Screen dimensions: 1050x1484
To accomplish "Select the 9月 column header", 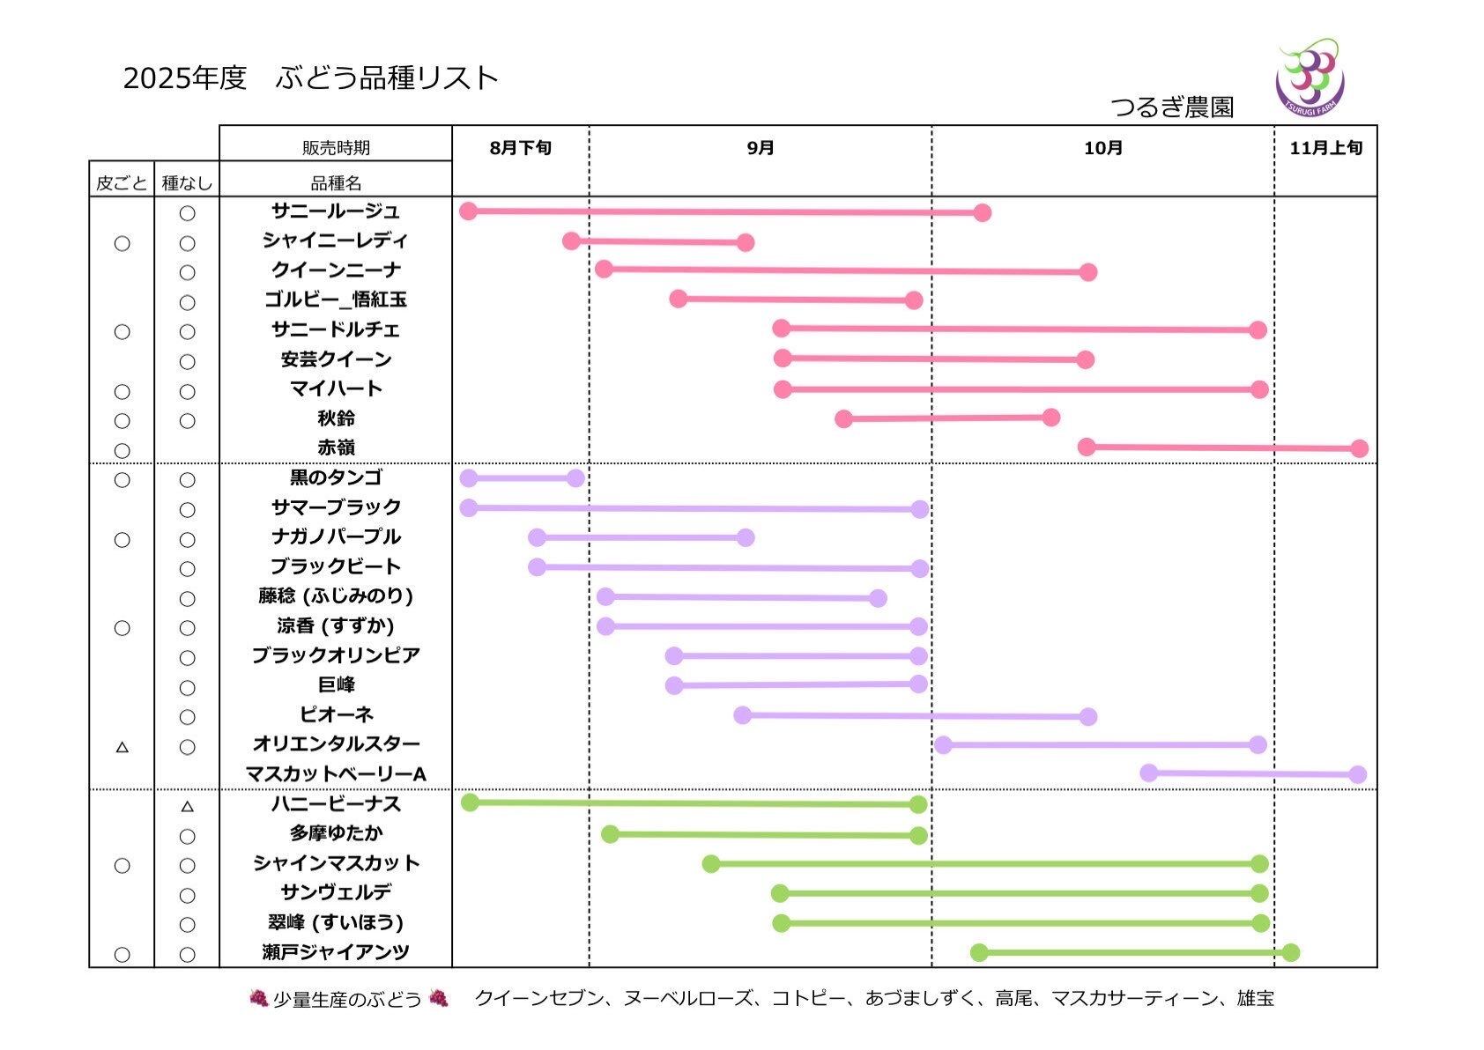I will (x=761, y=148).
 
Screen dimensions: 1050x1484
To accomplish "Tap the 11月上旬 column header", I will (x=1325, y=148).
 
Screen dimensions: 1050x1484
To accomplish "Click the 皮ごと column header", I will (x=122, y=183).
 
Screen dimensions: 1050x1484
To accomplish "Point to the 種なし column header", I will (x=187, y=183).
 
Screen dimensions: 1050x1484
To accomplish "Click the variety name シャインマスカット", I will (x=336, y=863).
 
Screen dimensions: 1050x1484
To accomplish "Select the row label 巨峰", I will (x=336, y=684).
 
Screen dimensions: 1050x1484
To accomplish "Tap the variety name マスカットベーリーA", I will (x=336, y=774).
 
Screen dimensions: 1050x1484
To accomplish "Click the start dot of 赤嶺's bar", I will (x=1087, y=447).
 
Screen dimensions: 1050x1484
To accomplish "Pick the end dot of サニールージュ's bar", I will (x=983, y=212).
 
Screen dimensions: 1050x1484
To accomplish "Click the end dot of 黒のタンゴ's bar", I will (x=575, y=478).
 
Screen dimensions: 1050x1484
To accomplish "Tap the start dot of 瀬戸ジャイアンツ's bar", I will (x=979, y=952).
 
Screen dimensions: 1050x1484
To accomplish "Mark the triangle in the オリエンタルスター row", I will (x=122, y=747).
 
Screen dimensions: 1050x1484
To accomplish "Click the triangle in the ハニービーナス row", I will (x=187, y=806).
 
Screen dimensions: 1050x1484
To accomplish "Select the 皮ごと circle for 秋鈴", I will (x=122, y=421).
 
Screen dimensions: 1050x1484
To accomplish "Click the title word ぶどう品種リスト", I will (x=387, y=78).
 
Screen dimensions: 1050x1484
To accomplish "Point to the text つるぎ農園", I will (x=1172, y=107).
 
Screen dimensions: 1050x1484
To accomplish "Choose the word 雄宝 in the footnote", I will (x=1256, y=998).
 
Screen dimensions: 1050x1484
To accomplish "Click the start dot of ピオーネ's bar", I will (x=743, y=714).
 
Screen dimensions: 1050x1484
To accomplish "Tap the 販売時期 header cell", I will (x=336, y=148).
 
